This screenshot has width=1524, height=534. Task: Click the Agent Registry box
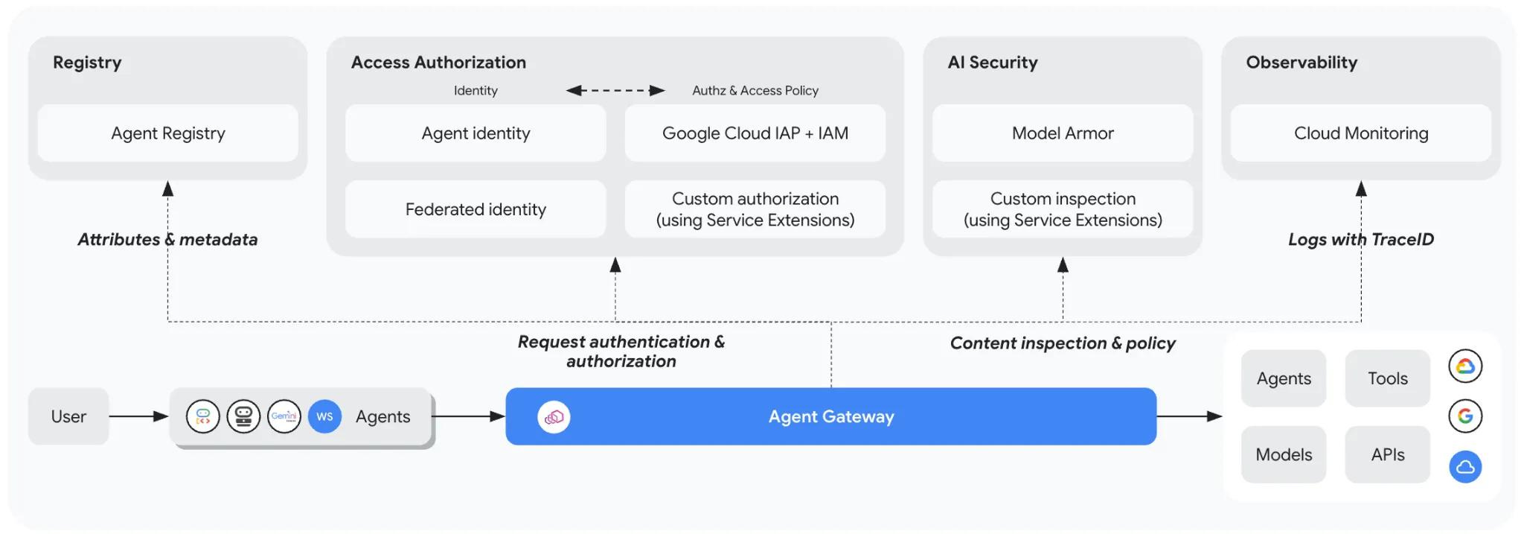167,133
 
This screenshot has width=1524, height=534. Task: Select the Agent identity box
476,133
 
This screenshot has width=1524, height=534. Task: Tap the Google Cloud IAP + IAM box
755,133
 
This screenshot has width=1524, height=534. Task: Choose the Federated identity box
476,209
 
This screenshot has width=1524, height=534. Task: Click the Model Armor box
1063,133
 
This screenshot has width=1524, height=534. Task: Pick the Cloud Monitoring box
1361,133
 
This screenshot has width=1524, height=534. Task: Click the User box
68,416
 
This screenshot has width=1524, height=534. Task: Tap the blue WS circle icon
324,416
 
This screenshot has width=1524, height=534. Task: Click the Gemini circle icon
284,416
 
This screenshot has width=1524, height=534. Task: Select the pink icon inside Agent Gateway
554,417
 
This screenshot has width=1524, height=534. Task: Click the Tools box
1388,378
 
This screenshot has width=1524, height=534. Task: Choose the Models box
1284,454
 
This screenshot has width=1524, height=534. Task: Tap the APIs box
1388,454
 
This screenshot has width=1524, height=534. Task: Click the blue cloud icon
1465,467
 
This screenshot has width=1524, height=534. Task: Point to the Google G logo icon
1465,416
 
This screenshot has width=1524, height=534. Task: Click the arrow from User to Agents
139,416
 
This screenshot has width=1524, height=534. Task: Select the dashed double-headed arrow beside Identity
615,91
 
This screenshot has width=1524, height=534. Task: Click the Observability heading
1302,63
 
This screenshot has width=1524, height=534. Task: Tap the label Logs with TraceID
1361,239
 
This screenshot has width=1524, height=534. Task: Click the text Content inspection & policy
1063,343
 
